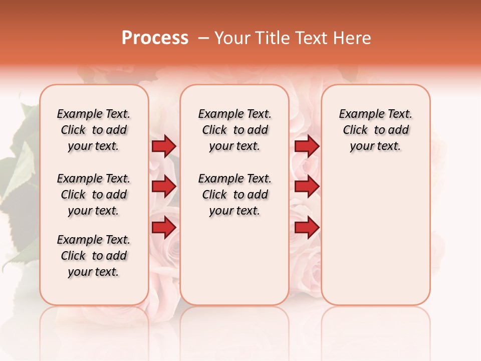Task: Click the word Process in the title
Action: [x=155, y=38]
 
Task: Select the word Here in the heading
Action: [x=353, y=38]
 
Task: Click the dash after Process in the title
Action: [x=203, y=39]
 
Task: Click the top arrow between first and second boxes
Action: [x=164, y=146]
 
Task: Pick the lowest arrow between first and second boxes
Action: [x=164, y=228]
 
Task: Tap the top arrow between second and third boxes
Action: [x=307, y=146]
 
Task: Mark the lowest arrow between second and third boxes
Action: [x=307, y=228]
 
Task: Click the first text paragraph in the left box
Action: [x=94, y=130]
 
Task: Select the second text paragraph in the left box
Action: [x=94, y=195]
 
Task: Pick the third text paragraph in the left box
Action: [x=94, y=256]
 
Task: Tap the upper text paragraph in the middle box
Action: [x=234, y=130]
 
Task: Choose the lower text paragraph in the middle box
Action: [x=234, y=195]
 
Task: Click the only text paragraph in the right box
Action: [x=375, y=130]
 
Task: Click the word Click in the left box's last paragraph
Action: [x=73, y=256]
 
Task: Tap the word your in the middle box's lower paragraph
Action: [x=219, y=211]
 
